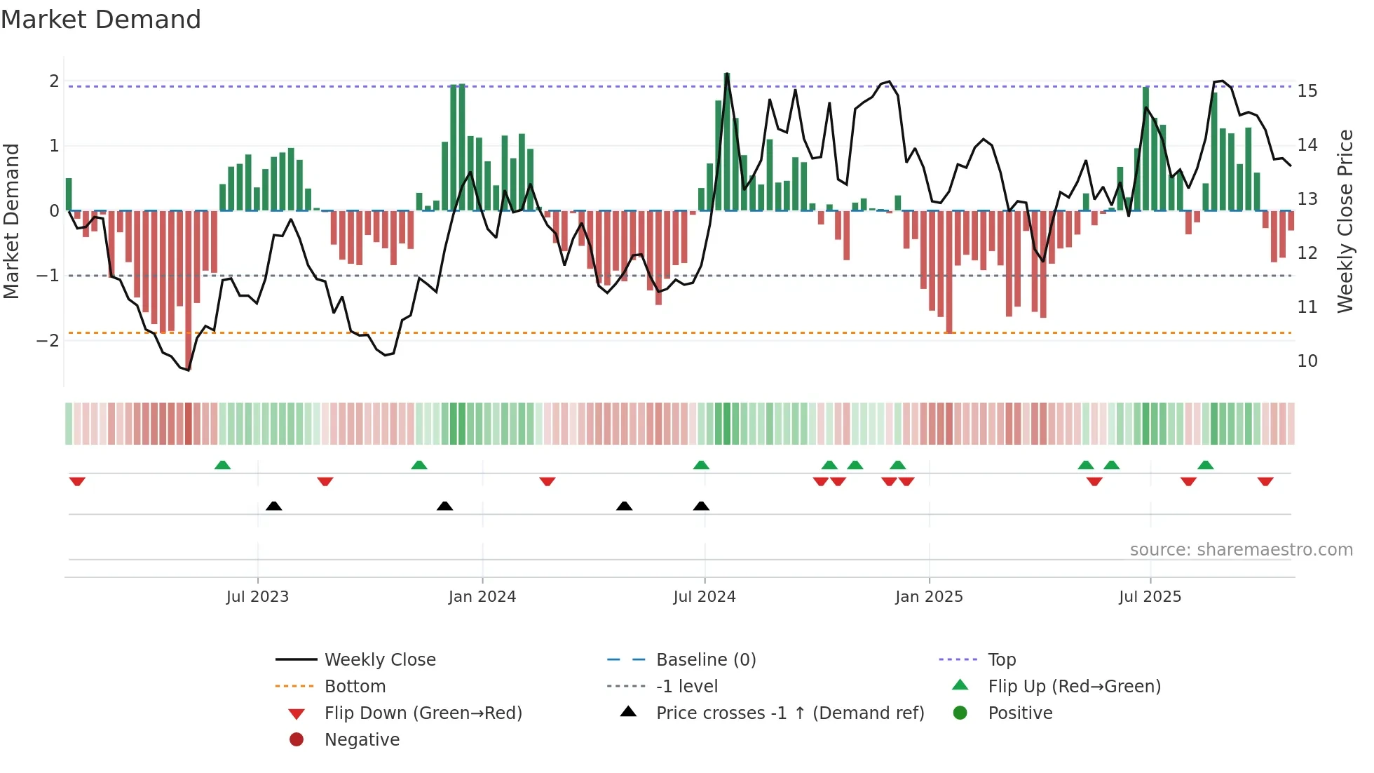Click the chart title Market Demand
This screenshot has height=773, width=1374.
point(100,20)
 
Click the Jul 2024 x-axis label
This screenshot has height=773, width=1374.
point(704,597)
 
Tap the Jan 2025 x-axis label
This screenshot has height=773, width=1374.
point(929,597)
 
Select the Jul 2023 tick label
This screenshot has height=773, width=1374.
point(257,597)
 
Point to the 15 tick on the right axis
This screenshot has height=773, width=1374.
point(1307,91)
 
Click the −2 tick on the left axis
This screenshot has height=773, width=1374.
point(48,341)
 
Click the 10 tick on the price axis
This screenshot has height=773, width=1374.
point(1307,361)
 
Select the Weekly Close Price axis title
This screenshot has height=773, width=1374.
point(1345,221)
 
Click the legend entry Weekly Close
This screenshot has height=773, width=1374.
point(379,660)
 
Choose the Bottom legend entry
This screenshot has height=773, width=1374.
point(355,687)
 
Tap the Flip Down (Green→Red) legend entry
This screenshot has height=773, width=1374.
point(423,713)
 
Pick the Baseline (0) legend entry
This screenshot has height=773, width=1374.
point(705,660)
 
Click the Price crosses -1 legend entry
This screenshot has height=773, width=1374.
point(789,713)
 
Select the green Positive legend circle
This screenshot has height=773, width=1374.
point(960,713)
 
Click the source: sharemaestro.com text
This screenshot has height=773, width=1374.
point(1241,550)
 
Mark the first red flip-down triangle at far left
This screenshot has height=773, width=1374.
point(77,481)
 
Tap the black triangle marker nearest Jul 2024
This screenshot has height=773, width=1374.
point(701,506)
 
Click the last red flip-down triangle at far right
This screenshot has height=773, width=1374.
point(1265,481)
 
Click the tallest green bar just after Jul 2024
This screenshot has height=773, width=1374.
point(727,140)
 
